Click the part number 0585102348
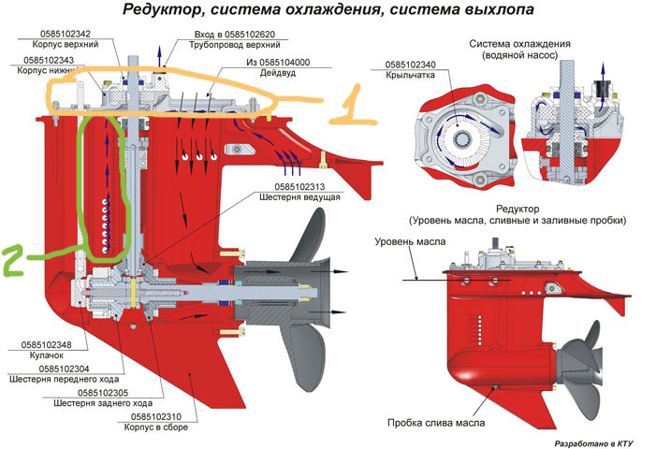click(x=45, y=345)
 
